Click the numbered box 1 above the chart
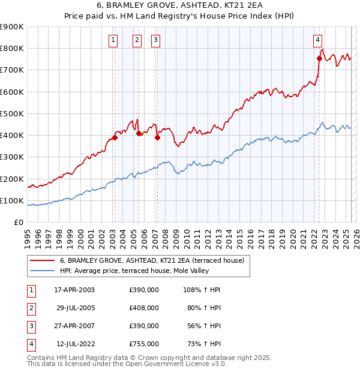(113, 40)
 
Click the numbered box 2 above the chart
(137, 40)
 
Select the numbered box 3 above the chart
(155, 40)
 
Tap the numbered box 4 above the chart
(317, 40)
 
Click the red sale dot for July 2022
(319, 58)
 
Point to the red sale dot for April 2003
(115, 137)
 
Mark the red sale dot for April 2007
(157, 137)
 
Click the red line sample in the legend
(42, 261)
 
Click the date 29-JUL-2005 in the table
(76, 307)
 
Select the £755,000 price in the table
(143, 344)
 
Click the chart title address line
(180, 7)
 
